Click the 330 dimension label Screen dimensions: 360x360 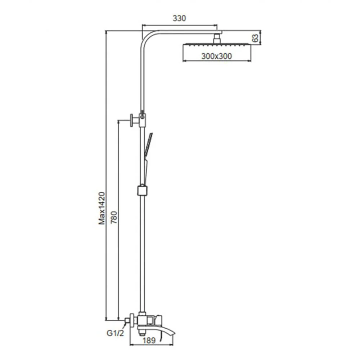pos(179,18)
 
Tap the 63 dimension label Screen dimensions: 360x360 pos(255,38)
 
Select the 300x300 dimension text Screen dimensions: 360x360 pos(216,56)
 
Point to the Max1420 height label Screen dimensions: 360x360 pos(102,208)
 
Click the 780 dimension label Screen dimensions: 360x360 pos(114,217)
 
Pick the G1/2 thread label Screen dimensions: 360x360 pos(115,333)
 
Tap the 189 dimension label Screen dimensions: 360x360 pos(149,340)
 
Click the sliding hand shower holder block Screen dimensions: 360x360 pos(142,190)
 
